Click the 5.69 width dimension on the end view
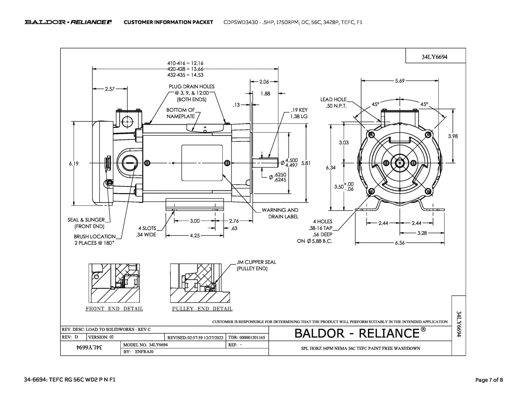pyautogui.click(x=400, y=81)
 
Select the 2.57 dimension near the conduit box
pyautogui.click(x=110, y=89)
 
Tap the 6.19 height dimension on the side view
pyautogui.click(x=74, y=164)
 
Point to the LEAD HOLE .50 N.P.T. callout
pyautogui.click(x=333, y=103)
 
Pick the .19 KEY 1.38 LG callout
pyautogui.click(x=299, y=113)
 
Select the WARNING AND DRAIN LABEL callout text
pyautogui.click(x=280, y=213)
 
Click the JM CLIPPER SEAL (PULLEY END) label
pyautogui.click(x=256, y=265)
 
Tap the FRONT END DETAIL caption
pyautogui.click(x=114, y=309)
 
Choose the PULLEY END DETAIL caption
pyautogui.click(x=202, y=309)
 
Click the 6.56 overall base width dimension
pyautogui.click(x=400, y=243)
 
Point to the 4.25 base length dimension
pyautogui.click(x=195, y=236)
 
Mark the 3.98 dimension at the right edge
pyautogui.click(x=453, y=136)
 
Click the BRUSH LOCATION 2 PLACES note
pyautogui.click(x=94, y=240)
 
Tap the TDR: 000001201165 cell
pyautogui.click(x=247, y=338)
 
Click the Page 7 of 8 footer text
pyautogui.click(x=489, y=380)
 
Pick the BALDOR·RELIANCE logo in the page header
pyautogui.click(x=68, y=22)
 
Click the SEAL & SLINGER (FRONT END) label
pyautogui.click(x=86, y=223)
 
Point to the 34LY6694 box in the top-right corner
pyautogui.click(x=434, y=57)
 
